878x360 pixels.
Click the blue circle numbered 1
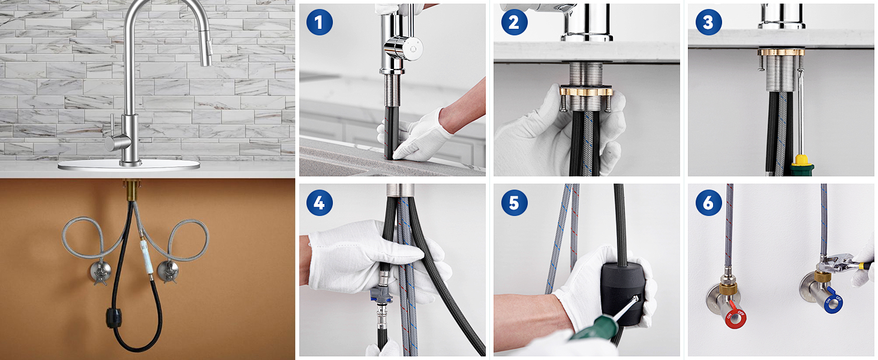coord(319,22)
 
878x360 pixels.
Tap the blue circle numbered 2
coord(514,22)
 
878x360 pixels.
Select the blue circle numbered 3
coord(708,22)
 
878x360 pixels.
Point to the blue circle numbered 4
coord(319,202)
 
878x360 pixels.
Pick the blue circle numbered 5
coord(514,202)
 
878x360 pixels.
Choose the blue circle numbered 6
coord(708,202)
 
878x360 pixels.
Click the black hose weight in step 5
coord(623,293)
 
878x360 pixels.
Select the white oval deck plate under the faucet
coord(129,165)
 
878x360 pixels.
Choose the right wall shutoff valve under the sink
coord(168,271)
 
